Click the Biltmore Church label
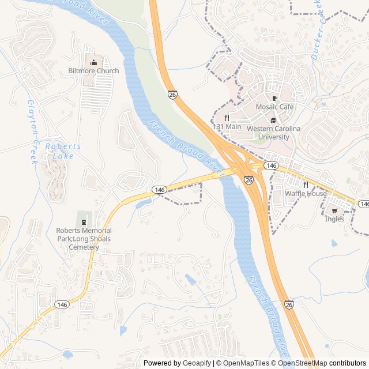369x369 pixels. coord(93,71)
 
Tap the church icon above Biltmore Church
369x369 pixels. coord(93,62)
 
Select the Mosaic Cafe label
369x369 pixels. coord(274,107)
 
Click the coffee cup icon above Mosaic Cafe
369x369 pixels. coord(274,97)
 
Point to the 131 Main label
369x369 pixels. coord(227,126)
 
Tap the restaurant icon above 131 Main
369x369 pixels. coord(227,117)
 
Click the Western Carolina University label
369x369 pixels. coord(273,133)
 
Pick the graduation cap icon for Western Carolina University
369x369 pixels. coord(273,120)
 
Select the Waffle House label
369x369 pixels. coord(306,194)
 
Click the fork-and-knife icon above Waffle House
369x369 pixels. coord(306,184)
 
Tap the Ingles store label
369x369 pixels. coord(334,219)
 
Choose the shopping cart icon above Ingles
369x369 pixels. coord(334,210)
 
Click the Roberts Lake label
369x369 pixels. coord(63,151)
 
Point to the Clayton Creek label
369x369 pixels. coord(32,132)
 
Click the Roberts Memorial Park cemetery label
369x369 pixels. coord(84,239)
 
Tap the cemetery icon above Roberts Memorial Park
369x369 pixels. coord(84,221)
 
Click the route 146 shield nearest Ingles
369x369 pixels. coord(363,204)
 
